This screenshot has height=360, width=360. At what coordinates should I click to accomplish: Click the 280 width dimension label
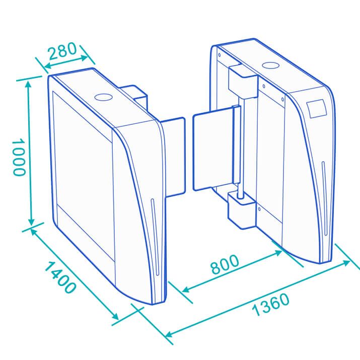(61, 51)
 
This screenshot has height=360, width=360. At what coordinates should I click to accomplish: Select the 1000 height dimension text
(18, 157)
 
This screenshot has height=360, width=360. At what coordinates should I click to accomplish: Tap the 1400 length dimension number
(60, 277)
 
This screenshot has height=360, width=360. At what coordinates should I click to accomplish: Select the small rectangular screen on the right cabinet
(317, 108)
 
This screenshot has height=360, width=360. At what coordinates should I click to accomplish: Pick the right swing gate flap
(212, 151)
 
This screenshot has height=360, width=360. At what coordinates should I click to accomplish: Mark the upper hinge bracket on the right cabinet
(242, 82)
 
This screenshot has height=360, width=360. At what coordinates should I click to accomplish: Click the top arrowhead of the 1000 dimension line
(29, 84)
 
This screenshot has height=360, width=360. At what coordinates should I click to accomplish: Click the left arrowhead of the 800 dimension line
(185, 290)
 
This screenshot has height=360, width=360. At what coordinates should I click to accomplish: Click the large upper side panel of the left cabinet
(83, 151)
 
